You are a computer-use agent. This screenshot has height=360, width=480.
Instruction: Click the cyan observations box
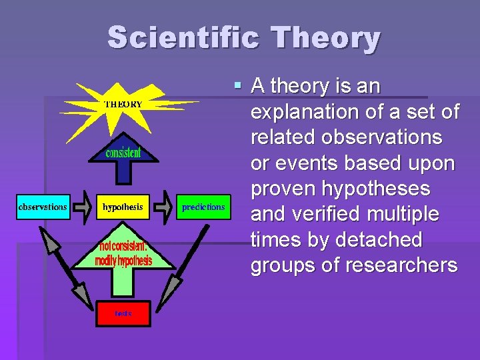pyautogui.click(x=43, y=207)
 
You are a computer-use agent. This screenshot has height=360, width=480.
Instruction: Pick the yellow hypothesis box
pyautogui.click(x=123, y=207)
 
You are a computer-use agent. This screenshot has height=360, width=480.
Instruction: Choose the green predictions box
pyautogui.click(x=203, y=207)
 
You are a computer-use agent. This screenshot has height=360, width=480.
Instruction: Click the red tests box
pyautogui.click(x=123, y=313)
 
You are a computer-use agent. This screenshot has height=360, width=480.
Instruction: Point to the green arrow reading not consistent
pyautogui.click(x=123, y=253)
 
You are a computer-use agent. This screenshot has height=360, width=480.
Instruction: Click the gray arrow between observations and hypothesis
pyautogui.click(x=83, y=207)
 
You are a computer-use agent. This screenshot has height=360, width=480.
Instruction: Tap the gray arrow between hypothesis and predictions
pyautogui.click(x=163, y=207)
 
